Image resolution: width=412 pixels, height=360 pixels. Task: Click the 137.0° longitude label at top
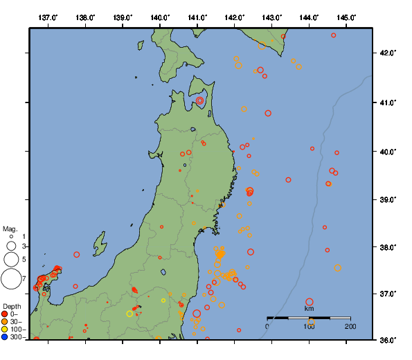click(x=48, y=17)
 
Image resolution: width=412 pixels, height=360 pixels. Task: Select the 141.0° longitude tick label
click(x=197, y=17)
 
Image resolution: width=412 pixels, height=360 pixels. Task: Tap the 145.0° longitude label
click(x=347, y=17)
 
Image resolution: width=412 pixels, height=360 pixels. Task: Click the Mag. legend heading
click(x=10, y=228)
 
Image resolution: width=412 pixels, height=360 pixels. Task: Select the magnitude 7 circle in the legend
click(x=10, y=279)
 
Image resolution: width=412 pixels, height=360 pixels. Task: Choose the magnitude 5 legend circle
click(x=10, y=260)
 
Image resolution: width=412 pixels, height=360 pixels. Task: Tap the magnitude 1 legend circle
click(x=10, y=237)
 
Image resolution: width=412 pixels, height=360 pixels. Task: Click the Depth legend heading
click(x=12, y=306)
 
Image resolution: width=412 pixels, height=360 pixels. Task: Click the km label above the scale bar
click(x=309, y=309)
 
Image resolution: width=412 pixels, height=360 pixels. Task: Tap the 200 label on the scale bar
click(x=350, y=326)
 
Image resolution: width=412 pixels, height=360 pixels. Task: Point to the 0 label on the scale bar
click(x=268, y=326)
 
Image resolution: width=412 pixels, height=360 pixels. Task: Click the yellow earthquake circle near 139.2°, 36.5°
click(x=129, y=314)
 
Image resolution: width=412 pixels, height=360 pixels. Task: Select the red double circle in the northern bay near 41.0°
click(x=200, y=100)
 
